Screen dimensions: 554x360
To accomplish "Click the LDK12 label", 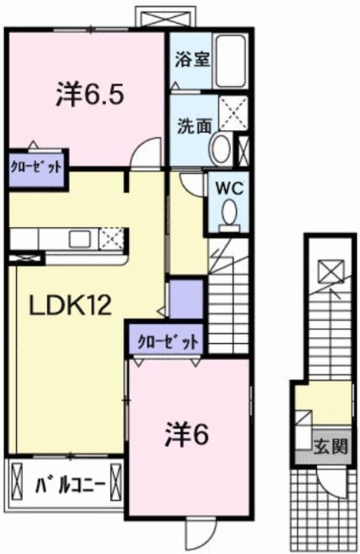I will click(x=71, y=305).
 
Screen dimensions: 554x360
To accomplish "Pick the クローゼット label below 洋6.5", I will click(x=35, y=165).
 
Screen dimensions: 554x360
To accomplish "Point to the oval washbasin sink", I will click(x=220, y=148).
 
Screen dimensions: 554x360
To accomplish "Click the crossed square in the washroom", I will click(x=232, y=113).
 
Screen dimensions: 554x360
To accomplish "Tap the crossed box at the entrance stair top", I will click(x=329, y=272).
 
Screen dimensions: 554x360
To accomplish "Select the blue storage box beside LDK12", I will click(x=185, y=299).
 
